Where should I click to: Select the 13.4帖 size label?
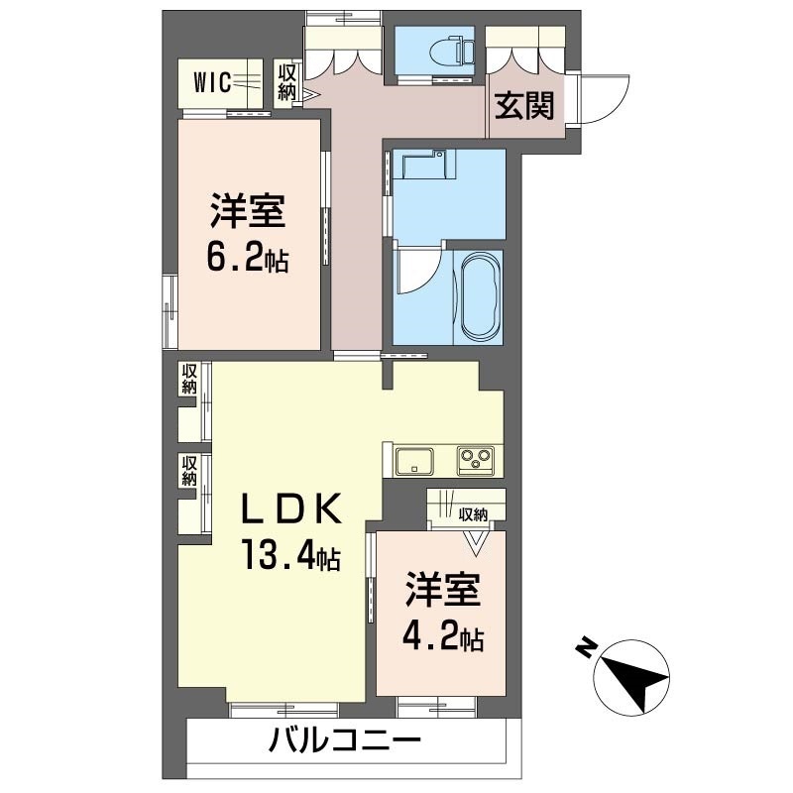(x=287, y=557)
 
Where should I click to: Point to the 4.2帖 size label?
(x=443, y=636)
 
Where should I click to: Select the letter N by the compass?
(x=587, y=649)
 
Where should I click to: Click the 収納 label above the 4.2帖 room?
(x=473, y=514)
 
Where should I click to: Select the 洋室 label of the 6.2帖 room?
(x=247, y=211)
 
